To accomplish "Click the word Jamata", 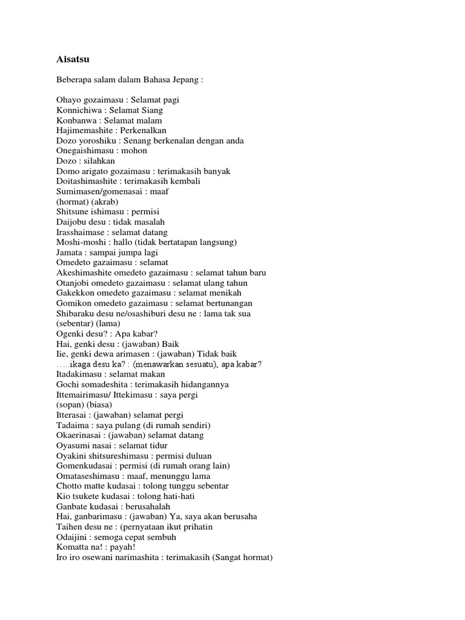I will [x=70, y=252].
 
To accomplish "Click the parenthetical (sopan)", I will [x=71, y=405].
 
